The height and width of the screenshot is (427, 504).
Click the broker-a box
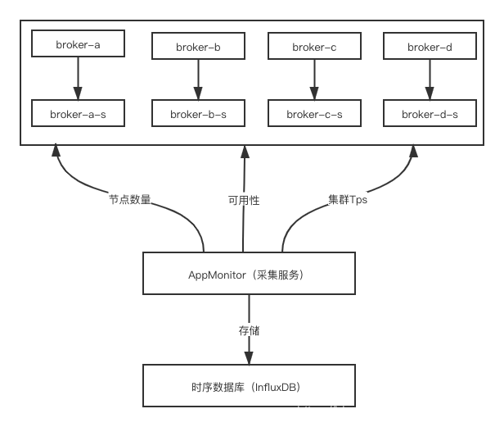coord(78,44)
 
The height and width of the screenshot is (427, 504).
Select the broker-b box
coord(198,48)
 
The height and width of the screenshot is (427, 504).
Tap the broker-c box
coord(314,48)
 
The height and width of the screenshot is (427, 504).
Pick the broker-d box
coord(430,48)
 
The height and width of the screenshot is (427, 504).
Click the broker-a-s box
coord(78,114)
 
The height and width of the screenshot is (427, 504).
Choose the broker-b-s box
coord(198,115)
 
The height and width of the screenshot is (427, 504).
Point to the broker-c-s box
coord(314,115)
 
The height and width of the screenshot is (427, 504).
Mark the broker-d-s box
coord(430,115)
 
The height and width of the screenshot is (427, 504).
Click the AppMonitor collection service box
coord(250,275)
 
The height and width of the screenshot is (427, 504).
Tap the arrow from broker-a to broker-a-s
coord(78,79)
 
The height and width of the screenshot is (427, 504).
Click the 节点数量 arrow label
coord(130,199)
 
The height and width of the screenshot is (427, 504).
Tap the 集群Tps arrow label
coord(348,199)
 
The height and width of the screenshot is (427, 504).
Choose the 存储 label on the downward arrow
coord(250,330)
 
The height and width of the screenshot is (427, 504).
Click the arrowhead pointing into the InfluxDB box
coord(250,358)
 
